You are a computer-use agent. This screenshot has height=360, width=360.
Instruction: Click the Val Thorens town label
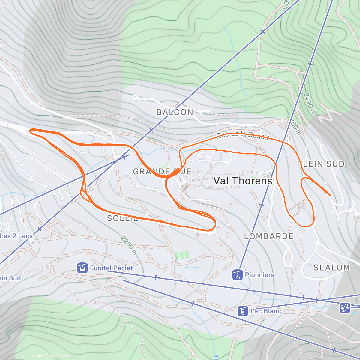click(x=243, y=181)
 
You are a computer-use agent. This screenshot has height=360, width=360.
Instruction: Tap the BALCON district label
click(x=175, y=112)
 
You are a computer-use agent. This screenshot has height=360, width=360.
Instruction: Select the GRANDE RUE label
click(x=162, y=171)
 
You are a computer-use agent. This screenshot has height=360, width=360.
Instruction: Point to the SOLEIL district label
click(x=122, y=218)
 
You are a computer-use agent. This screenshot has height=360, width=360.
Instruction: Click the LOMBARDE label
click(x=269, y=236)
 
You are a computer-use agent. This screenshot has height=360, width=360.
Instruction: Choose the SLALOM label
click(x=331, y=268)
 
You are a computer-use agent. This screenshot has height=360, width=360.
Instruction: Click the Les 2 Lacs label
click(x=16, y=236)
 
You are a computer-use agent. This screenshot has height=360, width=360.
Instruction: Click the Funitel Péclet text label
click(x=111, y=268)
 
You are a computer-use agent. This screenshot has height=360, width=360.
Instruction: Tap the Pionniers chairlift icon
click(x=237, y=275)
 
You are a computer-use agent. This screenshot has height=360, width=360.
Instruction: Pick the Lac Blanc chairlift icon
click(x=243, y=311)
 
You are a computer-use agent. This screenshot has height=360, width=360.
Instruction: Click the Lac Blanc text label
click(x=266, y=311)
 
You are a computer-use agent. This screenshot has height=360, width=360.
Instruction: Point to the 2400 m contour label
click(x=310, y=103)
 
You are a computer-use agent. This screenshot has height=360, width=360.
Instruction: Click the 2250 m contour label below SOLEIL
click(x=129, y=245)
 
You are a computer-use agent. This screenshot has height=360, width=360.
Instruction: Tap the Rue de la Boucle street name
click(x=243, y=136)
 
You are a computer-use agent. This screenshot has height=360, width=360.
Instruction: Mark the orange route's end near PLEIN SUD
click(x=330, y=195)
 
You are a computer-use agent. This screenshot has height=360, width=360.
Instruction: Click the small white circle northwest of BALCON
click(x=136, y=97)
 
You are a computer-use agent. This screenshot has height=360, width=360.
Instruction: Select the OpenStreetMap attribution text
click(x=61, y=356)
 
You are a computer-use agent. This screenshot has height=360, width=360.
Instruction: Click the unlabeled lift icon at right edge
click(x=345, y=308)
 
